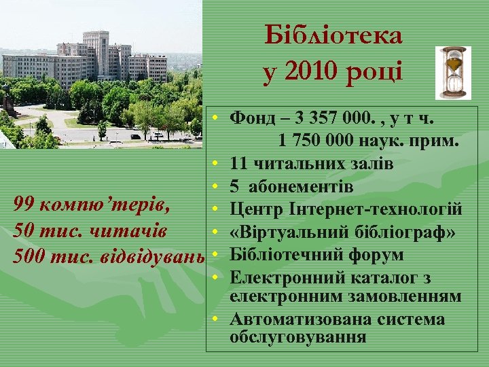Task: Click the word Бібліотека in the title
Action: [x=333, y=35]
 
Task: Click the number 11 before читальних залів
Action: [x=238, y=163]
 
